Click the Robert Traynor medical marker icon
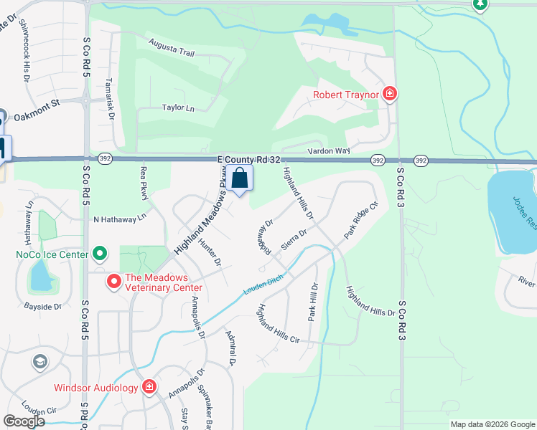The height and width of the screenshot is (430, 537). pyautogui.click(x=390, y=92)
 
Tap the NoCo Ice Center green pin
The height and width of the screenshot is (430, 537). pyautogui.click(x=100, y=254)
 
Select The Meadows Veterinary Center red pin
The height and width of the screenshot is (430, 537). pyautogui.click(x=113, y=282)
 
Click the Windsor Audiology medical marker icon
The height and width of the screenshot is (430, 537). pyautogui.click(x=149, y=388)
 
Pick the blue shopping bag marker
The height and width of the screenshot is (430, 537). pyautogui.click(x=241, y=178)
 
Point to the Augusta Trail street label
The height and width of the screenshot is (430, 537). pyautogui.click(x=172, y=47)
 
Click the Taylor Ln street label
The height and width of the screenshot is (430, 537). pyautogui.click(x=178, y=107)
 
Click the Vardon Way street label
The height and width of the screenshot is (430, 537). pyautogui.click(x=328, y=151)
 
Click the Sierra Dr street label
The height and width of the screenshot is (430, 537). pyautogui.click(x=294, y=239)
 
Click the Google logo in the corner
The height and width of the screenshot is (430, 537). pyautogui.click(x=24, y=421)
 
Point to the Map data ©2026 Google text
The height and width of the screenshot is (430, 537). pyautogui.click(x=492, y=424)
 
